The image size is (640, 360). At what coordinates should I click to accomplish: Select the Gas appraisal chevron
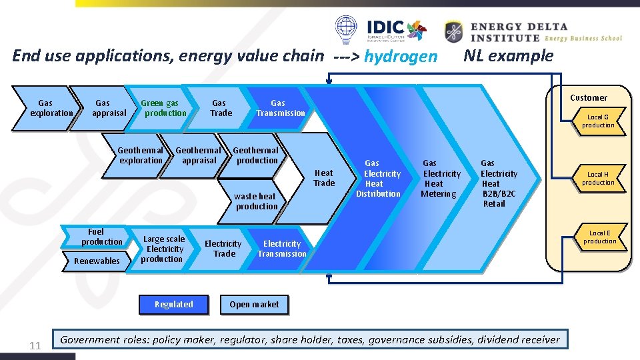[x=105, y=108]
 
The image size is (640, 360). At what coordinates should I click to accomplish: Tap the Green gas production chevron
[x=162, y=108]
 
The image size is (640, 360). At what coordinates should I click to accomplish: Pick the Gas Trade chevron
[x=219, y=108]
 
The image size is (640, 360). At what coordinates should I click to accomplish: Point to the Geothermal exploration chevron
[x=140, y=155]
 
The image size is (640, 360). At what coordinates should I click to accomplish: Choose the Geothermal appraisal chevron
[x=198, y=155]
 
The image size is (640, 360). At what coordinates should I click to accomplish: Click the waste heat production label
[x=256, y=201]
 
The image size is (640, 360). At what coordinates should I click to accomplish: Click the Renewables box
[x=97, y=261]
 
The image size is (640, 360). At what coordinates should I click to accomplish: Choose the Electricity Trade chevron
[x=223, y=249]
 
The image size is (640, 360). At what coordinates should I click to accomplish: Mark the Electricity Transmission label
[x=282, y=249]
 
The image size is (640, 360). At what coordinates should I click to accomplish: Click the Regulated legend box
[x=173, y=305]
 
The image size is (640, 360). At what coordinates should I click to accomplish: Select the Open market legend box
[x=254, y=305]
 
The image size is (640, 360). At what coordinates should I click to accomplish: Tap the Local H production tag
[x=598, y=179]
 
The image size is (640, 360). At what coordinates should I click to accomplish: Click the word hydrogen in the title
[x=401, y=57]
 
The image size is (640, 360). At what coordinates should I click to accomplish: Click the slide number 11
[x=36, y=345]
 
